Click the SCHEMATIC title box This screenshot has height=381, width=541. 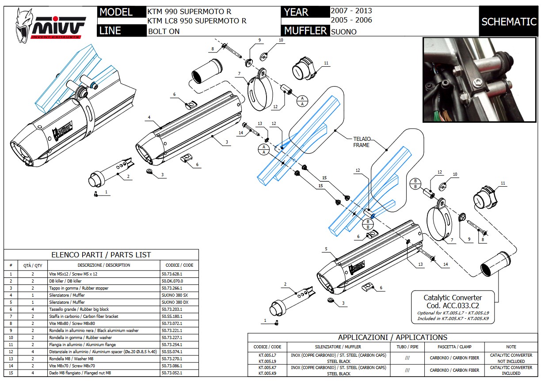tap(509, 22)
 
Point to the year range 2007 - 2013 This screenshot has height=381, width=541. tap(351, 11)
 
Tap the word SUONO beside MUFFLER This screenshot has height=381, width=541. tap(343, 31)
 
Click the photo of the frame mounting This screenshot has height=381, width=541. tap(479, 79)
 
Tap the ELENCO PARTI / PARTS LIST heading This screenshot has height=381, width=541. tap(101, 255)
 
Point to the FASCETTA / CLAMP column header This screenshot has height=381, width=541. tap(454, 347)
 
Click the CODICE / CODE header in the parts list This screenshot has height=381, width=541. tap(179, 265)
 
